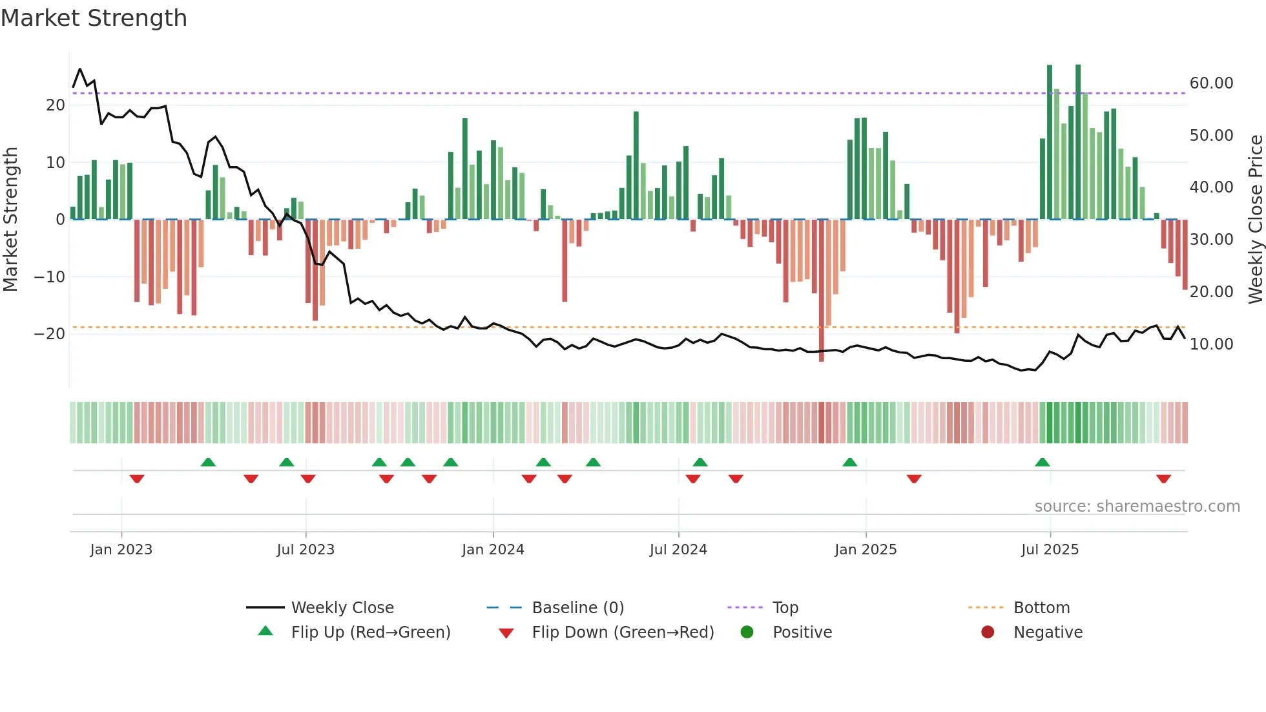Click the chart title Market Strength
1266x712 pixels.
pos(94,18)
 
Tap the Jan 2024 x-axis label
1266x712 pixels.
pos(493,550)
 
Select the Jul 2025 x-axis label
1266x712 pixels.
pos(1050,550)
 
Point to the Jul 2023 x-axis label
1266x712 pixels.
pos(306,550)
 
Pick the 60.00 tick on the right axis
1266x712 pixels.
pos(1211,83)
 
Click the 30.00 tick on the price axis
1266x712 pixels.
pos(1211,240)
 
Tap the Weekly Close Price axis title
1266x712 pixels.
pos(1255,220)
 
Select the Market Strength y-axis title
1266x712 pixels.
pos(11,220)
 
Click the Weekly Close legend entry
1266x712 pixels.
pos(342,608)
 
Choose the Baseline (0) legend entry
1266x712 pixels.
pos(577,608)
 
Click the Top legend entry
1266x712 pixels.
pos(785,608)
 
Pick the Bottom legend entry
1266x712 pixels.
pos(1041,608)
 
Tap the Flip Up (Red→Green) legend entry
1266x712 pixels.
pos(370,633)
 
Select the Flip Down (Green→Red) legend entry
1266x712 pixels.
pos(623,633)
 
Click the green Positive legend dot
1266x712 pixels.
pos(747,633)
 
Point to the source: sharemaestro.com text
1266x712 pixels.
pos(1137,507)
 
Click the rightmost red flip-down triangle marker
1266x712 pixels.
pos(1164,479)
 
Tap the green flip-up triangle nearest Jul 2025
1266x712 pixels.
pos(1042,463)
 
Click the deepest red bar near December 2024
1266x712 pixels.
pos(822,291)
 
